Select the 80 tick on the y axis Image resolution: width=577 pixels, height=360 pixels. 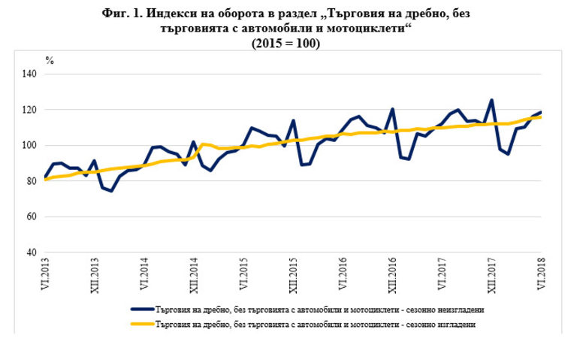[x=32, y=181]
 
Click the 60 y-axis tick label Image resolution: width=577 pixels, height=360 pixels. [x=32, y=217]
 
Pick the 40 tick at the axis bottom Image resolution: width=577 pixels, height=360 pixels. [x=32, y=253]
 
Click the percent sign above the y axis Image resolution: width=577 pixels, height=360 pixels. [x=50, y=60]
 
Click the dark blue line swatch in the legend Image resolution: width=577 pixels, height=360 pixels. [x=142, y=310]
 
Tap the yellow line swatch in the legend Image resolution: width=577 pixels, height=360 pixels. [x=142, y=324]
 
